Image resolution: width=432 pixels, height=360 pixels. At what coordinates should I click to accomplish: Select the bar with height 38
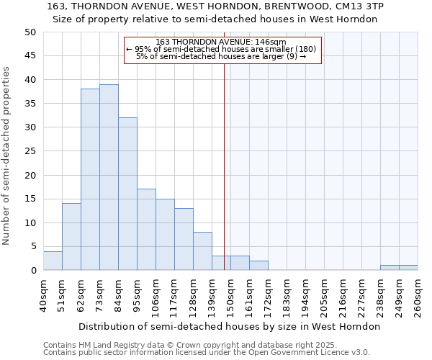click(90, 179)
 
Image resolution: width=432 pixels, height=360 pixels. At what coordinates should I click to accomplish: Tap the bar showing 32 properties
click(127, 194)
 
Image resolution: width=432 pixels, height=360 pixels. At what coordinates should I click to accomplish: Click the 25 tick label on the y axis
click(30, 151)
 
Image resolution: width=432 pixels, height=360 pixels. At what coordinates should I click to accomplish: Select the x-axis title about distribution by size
click(228, 326)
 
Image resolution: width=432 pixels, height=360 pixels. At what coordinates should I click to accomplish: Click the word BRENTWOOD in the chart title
click(274, 6)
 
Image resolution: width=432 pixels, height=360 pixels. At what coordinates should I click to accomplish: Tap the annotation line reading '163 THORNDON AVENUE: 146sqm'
click(221, 42)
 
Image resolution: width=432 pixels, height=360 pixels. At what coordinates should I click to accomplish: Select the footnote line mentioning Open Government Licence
click(207, 353)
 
